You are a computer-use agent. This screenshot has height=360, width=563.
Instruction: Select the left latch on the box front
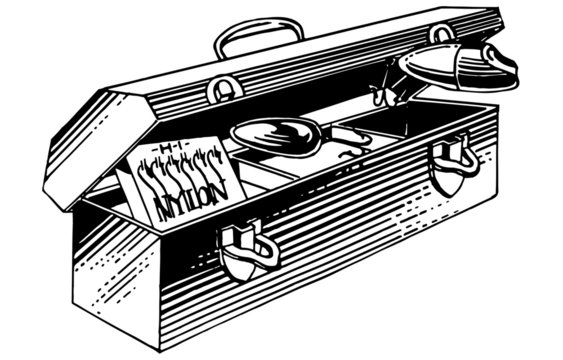point(243,248)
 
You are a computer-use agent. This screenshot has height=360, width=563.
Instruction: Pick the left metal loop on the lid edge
point(225,90)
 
